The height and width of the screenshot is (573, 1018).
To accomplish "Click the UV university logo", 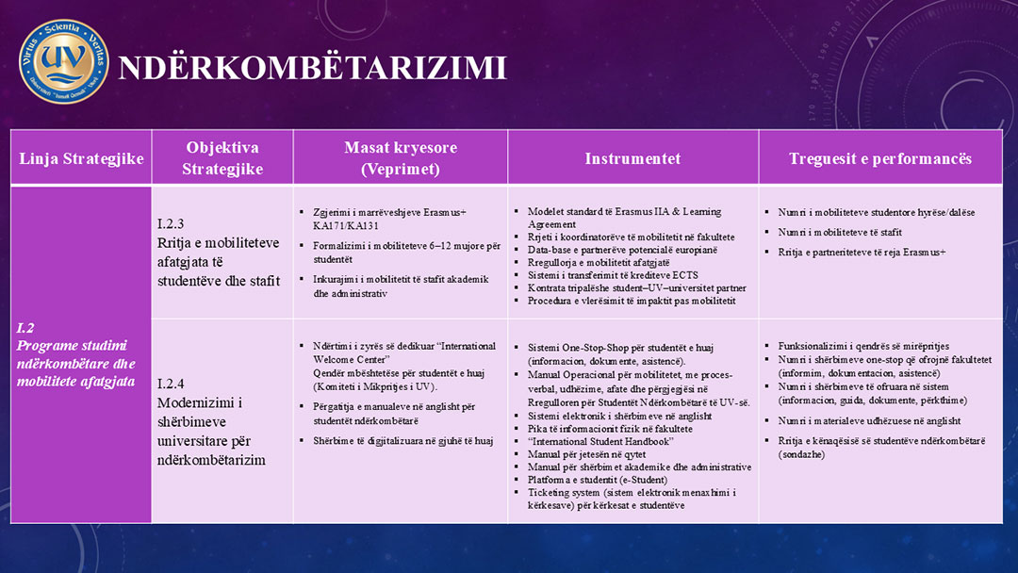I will tap(63, 62).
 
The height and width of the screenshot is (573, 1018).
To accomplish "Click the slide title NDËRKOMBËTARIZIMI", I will tap(312, 68).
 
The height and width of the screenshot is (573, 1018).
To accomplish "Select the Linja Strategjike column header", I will tap(81, 158).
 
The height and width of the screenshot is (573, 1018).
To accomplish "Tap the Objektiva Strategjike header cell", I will tap(222, 158).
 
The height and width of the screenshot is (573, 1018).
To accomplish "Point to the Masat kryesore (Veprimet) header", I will tap(400, 158).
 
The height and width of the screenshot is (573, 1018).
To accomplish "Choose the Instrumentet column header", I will tap(632, 158).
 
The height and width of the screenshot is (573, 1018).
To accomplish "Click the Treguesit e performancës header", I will tap(880, 158).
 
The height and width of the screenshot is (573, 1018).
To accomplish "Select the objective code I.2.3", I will tap(171, 224).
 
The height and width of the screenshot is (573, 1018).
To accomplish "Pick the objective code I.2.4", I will tap(171, 384).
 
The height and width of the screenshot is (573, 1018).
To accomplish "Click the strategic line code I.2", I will tap(25, 328).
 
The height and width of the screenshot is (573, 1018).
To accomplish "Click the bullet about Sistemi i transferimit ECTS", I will tap(613, 275).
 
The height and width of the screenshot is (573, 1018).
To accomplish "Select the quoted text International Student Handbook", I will tap(600, 442).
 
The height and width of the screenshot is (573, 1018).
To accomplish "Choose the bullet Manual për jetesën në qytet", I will tap(586, 454).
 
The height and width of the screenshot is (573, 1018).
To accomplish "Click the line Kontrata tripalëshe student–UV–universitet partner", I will tap(637, 287).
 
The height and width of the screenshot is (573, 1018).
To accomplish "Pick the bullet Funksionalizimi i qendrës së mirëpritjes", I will tap(863, 346).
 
